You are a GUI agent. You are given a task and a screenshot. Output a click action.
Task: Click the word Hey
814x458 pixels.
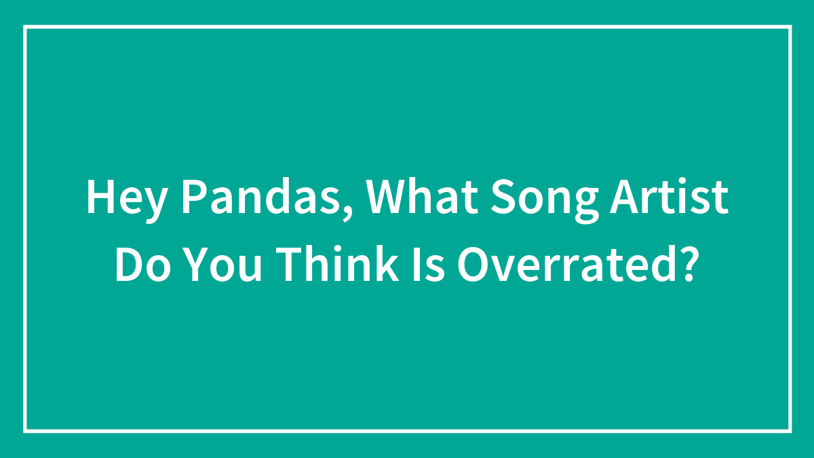pyautogui.click(x=126, y=199)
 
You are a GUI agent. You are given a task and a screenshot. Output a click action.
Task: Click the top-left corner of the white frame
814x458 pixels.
pyautogui.click(x=25, y=27)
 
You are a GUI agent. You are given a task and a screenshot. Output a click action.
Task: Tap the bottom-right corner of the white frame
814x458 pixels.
pyautogui.click(x=790, y=431)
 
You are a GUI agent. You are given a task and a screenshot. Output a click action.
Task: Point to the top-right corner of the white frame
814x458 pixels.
pyautogui.click(x=790, y=27)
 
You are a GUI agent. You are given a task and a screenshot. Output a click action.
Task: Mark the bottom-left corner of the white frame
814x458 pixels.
pyautogui.click(x=25, y=431)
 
